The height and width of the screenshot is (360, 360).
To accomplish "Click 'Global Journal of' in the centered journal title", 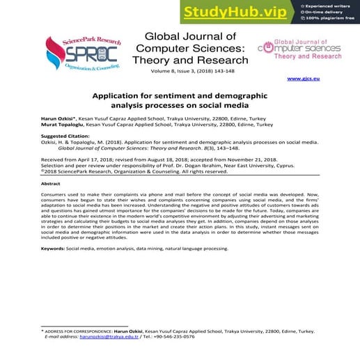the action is [x=189, y=36].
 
